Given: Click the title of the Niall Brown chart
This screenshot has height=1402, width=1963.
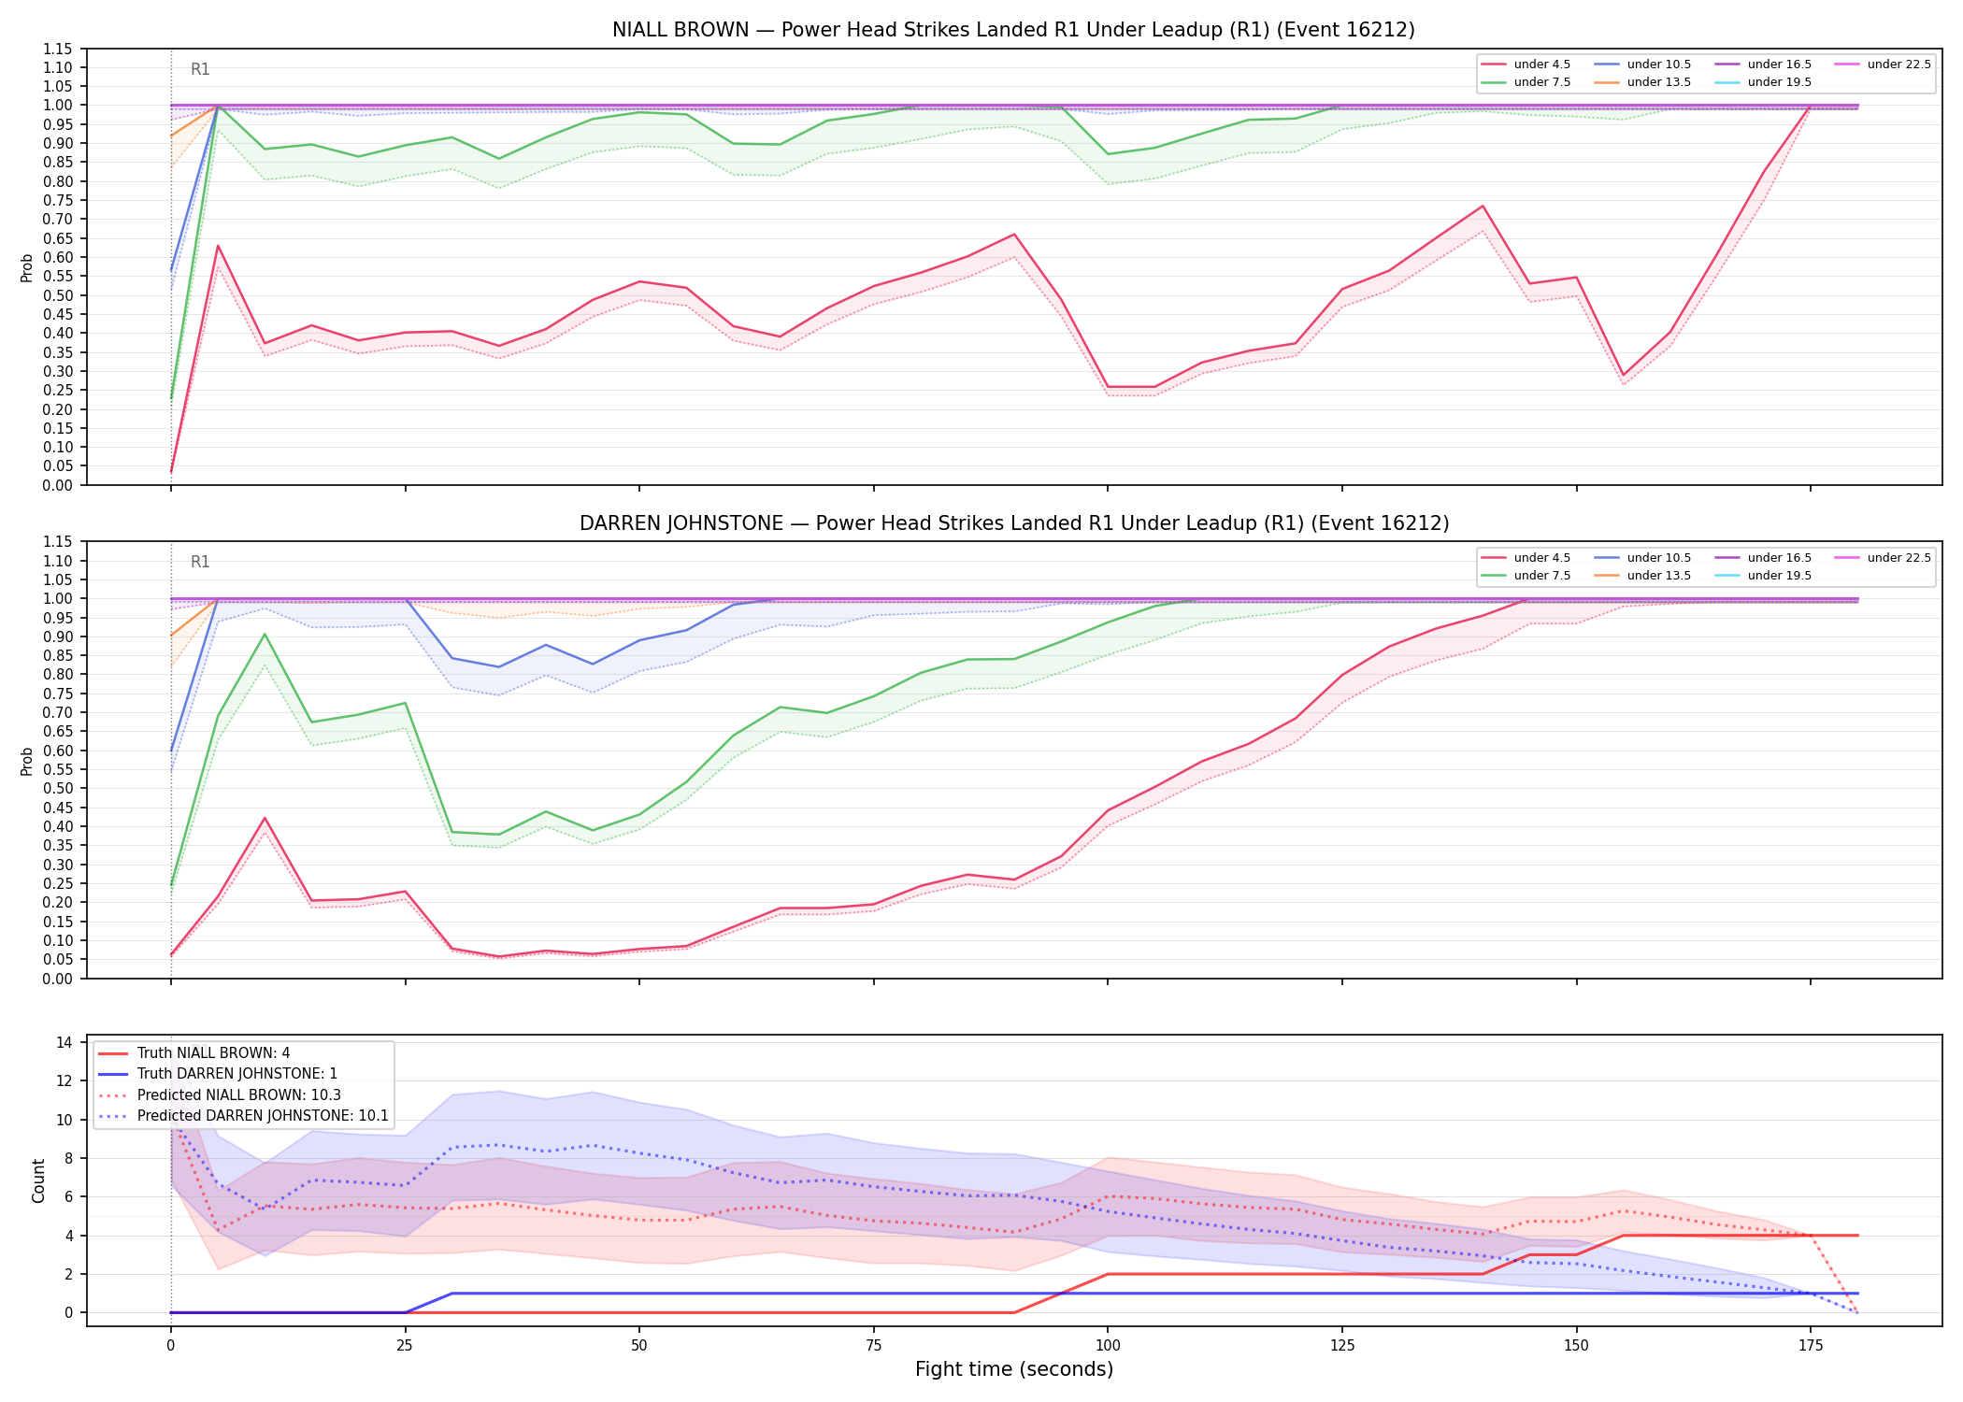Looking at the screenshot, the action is [1013, 30].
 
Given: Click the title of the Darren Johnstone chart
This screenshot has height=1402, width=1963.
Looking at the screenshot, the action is [1014, 523].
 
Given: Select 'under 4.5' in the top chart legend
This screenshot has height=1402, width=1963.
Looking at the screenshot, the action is [1541, 64].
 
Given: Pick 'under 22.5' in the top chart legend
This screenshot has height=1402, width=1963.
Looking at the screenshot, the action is [1899, 64].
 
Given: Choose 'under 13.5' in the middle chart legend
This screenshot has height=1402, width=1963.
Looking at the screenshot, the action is [1658, 576].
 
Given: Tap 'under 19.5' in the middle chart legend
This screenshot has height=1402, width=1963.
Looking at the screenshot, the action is [1779, 576].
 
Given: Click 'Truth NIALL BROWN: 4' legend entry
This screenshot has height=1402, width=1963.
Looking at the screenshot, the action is [213, 1053].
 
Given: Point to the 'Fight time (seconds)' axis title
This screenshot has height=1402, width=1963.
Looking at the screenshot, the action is [1014, 1369].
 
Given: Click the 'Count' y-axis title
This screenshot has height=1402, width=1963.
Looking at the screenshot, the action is [38, 1180].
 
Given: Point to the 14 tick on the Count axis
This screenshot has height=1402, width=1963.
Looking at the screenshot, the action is [65, 1042].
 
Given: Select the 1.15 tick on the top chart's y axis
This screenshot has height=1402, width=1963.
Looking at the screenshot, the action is [59, 49].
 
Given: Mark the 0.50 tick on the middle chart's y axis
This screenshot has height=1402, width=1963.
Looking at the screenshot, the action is [59, 789].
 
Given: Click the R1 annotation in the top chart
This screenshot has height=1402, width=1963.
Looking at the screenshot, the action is [200, 69].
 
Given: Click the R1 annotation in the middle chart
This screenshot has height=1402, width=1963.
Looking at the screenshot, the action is [200, 562].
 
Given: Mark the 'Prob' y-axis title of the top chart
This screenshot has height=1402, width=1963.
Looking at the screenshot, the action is [27, 267].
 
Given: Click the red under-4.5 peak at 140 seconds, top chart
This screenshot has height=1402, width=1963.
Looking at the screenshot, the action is [1483, 206].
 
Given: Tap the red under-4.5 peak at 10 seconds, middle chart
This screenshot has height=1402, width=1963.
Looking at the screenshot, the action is [265, 818].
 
